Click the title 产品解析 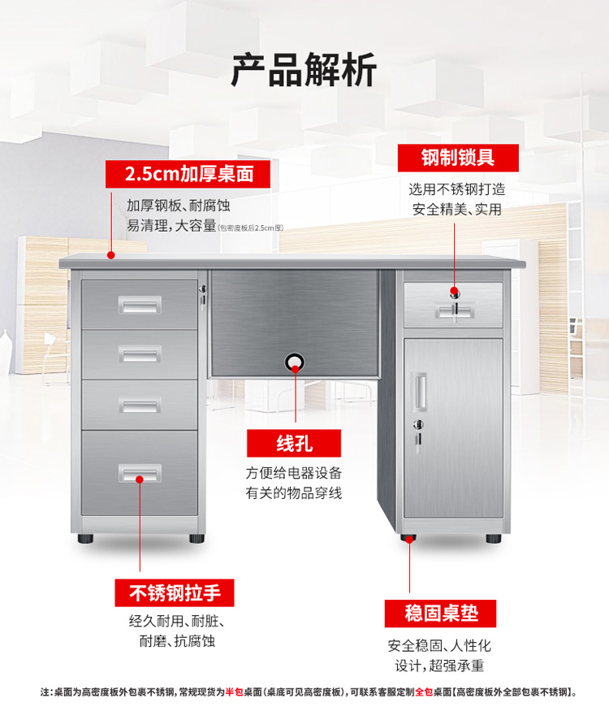click(x=304, y=70)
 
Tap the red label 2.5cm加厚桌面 click(x=188, y=174)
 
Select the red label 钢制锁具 click(x=458, y=158)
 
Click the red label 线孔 click(x=294, y=443)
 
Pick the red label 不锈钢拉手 click(x=175, y=592)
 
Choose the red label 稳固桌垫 click(x=441, y=614)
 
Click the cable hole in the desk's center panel click(x=295, y=362)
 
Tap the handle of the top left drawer click(x=140, y=306)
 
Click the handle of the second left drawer click(x=140, y=354)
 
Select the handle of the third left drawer click(x=140, y=405)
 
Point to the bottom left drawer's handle click(x=140, y=473)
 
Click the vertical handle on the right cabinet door click(x=419, y=391)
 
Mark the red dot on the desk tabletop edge click(x=110, y=255)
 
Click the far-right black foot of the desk click(x=493, y=538)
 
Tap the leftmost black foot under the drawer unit click(x=85, y=538)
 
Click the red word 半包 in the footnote click(x=234, y=692)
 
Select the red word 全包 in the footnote click(x=424, y=692)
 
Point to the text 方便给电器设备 click(x=294, y=473)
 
